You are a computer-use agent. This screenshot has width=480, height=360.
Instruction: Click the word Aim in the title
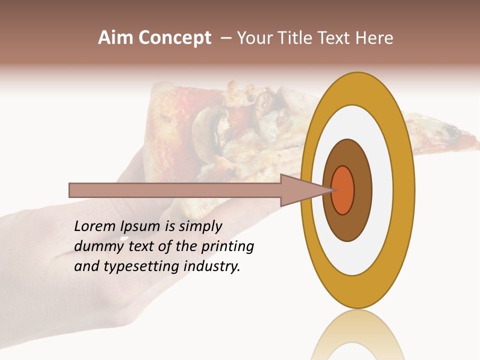(x=116, y=38)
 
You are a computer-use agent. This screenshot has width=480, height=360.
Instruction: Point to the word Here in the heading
(x=375, y=38)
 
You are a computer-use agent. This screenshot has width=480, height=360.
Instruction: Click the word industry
(x=212, y=267)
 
